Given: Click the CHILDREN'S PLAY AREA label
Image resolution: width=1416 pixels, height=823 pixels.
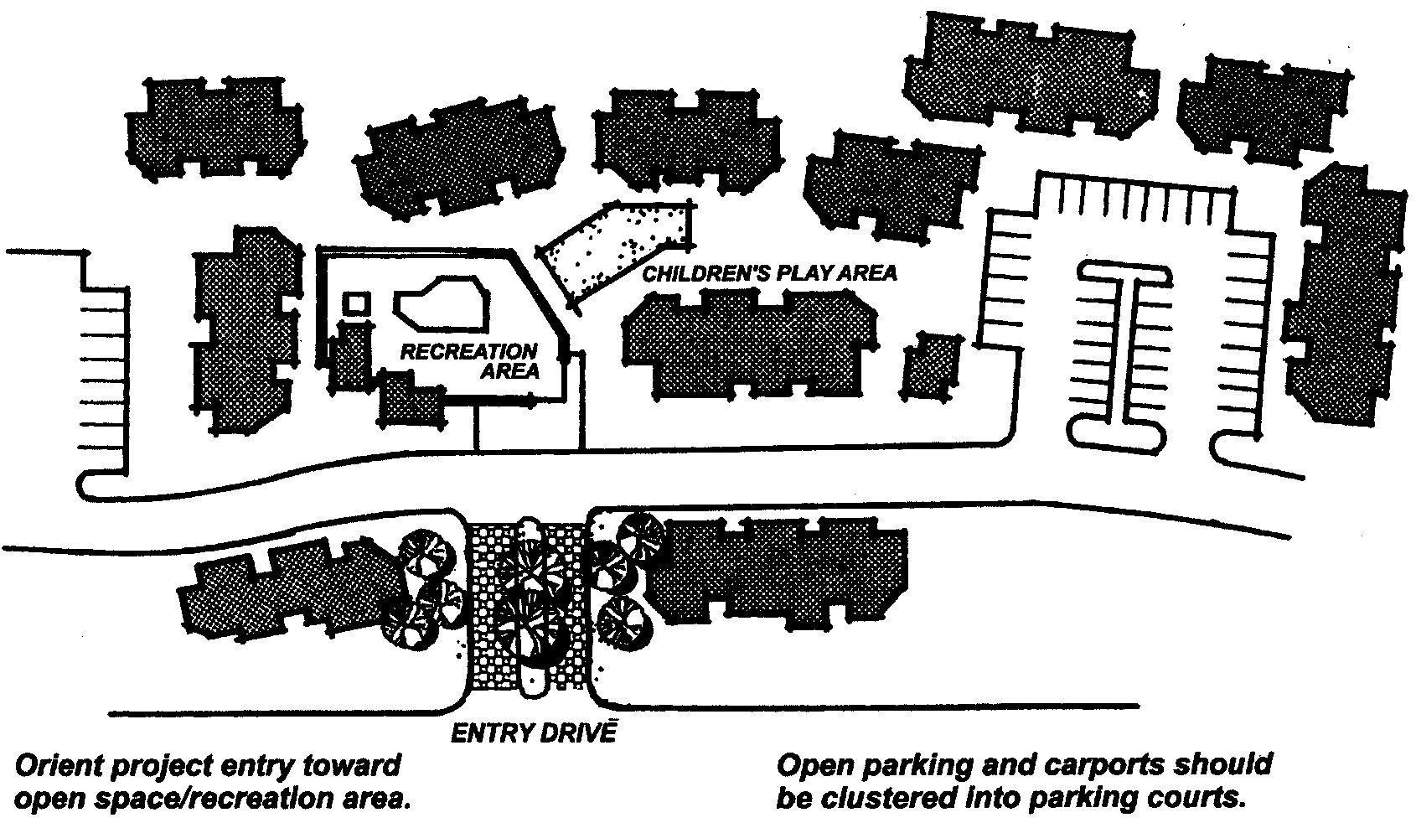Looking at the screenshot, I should click(x=769, y=273).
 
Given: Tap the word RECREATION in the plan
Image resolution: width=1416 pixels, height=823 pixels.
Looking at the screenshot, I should click(x=468, y=352).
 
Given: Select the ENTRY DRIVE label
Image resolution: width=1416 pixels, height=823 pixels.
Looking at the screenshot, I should click(x=533, y=733).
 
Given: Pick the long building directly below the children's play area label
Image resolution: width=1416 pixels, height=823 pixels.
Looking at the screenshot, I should click(x=750, y=344).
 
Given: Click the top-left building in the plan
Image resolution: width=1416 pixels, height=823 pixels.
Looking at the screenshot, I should click(x=214, y=130).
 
